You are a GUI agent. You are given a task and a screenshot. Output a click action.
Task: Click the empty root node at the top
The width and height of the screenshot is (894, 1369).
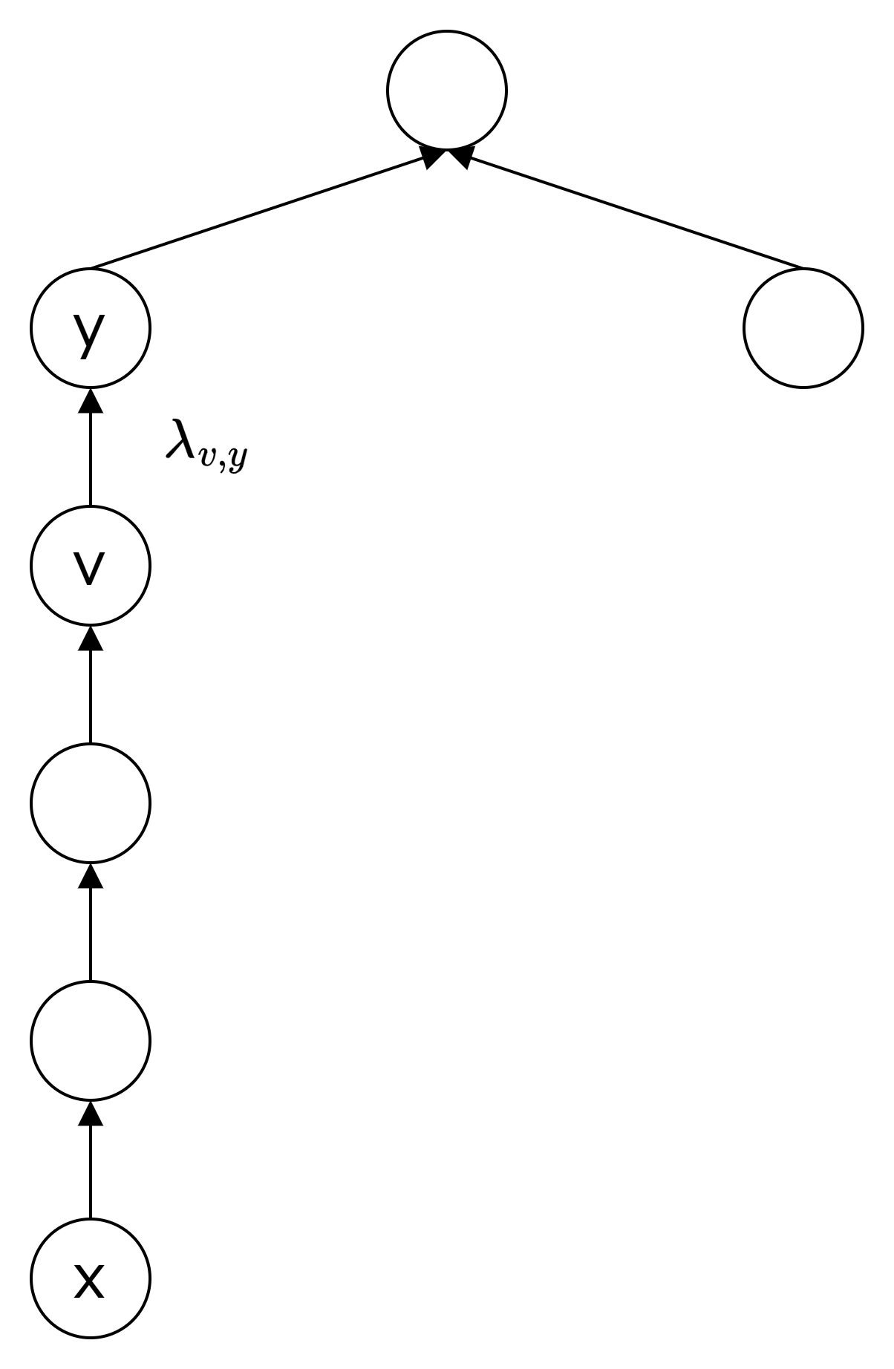point(447,91)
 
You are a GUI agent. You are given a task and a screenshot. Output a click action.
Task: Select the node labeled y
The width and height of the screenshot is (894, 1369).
point(91,327)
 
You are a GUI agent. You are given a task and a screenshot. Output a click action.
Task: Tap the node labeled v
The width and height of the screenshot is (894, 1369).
point(91,565)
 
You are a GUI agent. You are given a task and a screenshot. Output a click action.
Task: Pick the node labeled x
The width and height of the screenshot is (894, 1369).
point(91,1278)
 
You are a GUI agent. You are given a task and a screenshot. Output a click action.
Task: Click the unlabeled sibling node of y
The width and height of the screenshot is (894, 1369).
point(803,327)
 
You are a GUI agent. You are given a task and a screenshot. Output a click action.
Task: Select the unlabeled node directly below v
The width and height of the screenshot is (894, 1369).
point(91,803)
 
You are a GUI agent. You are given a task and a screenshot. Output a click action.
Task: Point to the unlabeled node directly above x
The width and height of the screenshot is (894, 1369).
point(91,1040)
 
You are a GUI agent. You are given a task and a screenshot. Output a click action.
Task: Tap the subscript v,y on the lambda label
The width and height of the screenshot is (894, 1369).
point(223,457)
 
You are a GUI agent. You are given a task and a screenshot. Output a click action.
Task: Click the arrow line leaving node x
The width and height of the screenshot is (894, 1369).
point(91,1173)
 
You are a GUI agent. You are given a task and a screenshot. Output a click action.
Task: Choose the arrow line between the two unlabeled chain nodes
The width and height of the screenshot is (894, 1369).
point(91,932)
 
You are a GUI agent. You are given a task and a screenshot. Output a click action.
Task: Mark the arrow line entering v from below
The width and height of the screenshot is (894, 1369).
point(91,694)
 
